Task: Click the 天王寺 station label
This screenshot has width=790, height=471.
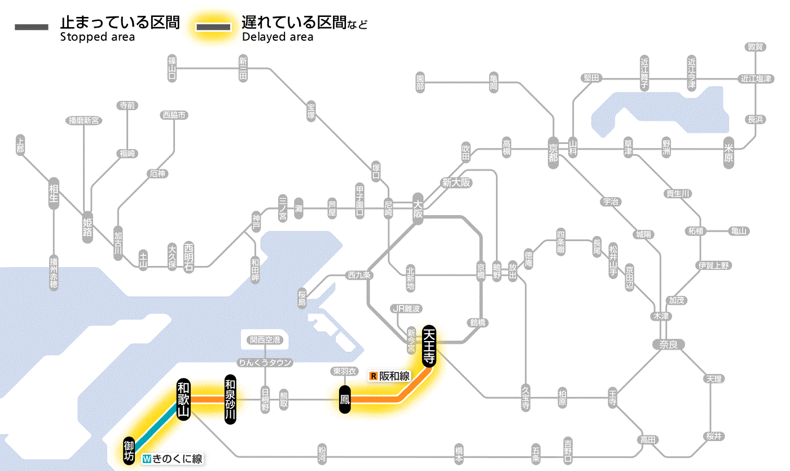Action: point(429,346)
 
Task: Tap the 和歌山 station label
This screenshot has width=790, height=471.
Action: point(183,399)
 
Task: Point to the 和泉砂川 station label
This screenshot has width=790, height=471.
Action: point(230,398)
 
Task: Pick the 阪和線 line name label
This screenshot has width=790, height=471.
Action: point(394,376)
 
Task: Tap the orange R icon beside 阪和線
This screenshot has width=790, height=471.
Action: point(373,376)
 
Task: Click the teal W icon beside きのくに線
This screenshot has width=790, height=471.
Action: point(147,459)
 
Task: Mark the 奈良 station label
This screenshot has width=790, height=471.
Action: point(668,343)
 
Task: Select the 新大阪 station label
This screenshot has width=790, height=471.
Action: point(456,182)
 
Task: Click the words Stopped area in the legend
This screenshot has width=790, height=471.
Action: point(98,37)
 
